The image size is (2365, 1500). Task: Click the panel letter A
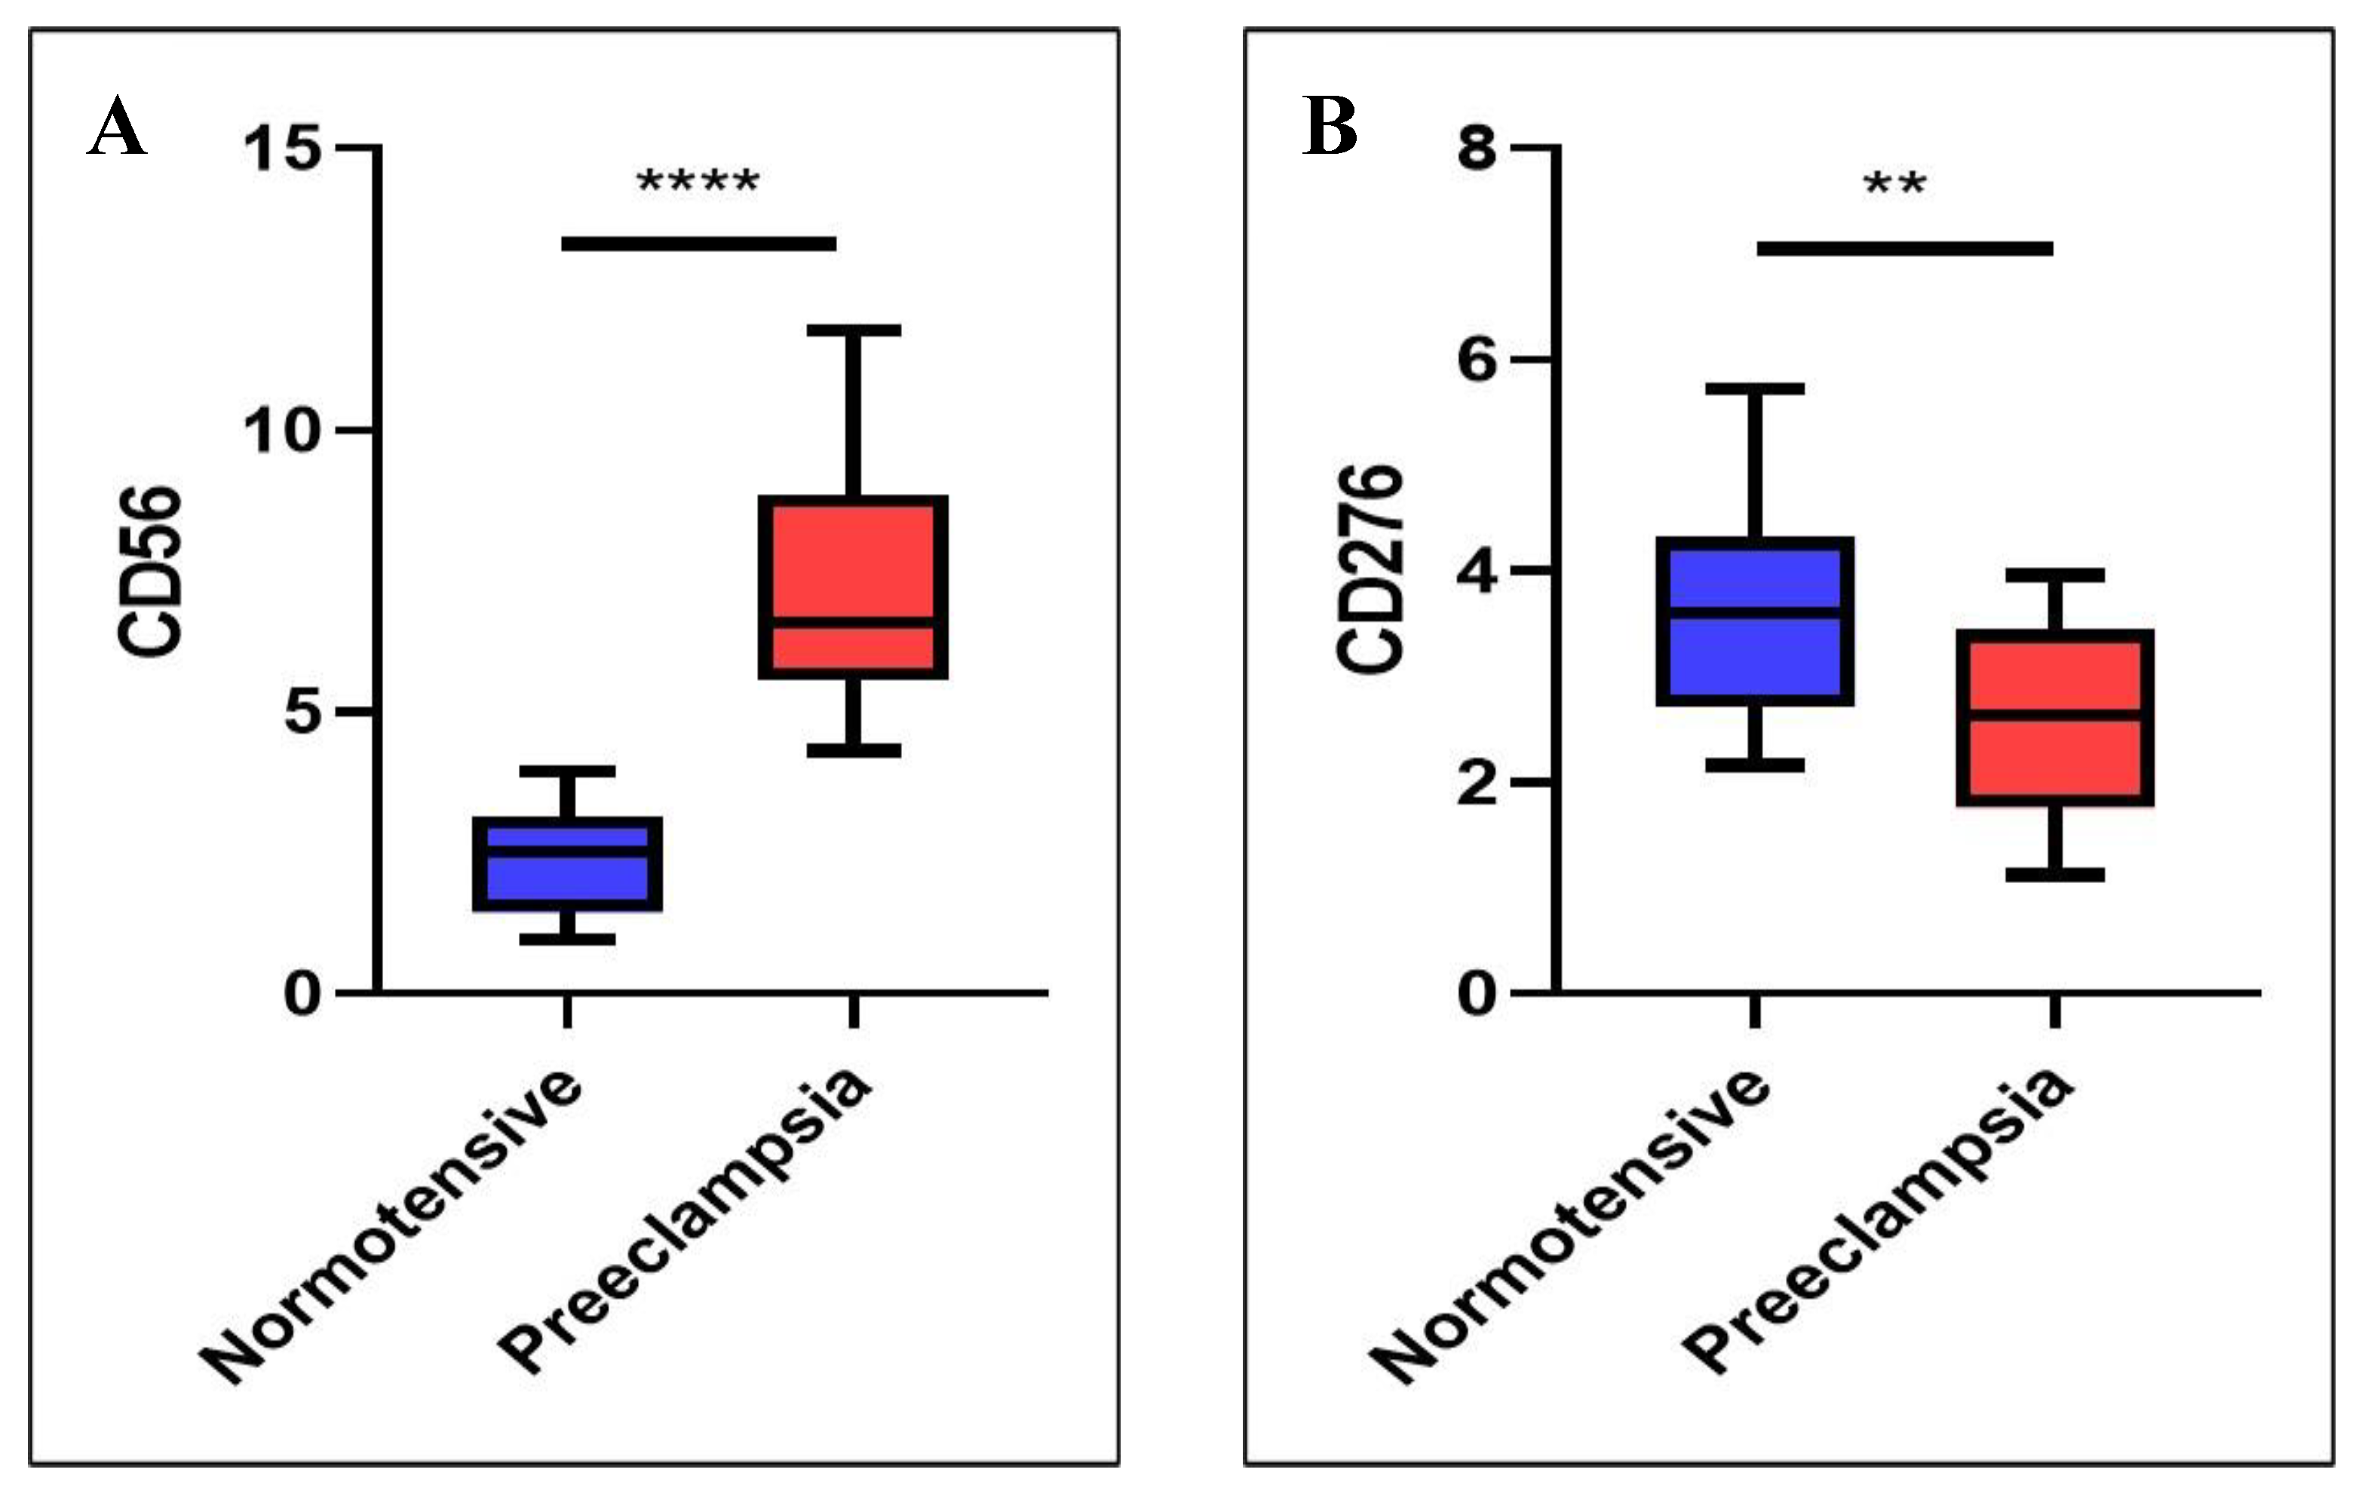click(x=117, y=127)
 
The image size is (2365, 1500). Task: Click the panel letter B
click(x=1330, y=127)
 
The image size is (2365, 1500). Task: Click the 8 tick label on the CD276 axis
click(x=1477, y=150)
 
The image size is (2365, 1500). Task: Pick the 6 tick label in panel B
click(x=1477, y=361)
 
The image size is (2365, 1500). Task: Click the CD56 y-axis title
click(x=150, y=572)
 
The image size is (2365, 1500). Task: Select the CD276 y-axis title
click(x=1371, y=569)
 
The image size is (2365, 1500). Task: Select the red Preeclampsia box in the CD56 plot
click(x=852, y=587)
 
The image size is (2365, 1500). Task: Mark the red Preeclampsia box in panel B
click(x=2054, y=718)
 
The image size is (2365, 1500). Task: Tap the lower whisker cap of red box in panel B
click(x=2054, y=874)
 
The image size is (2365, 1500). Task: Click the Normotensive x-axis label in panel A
click(x=393, y=1227)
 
